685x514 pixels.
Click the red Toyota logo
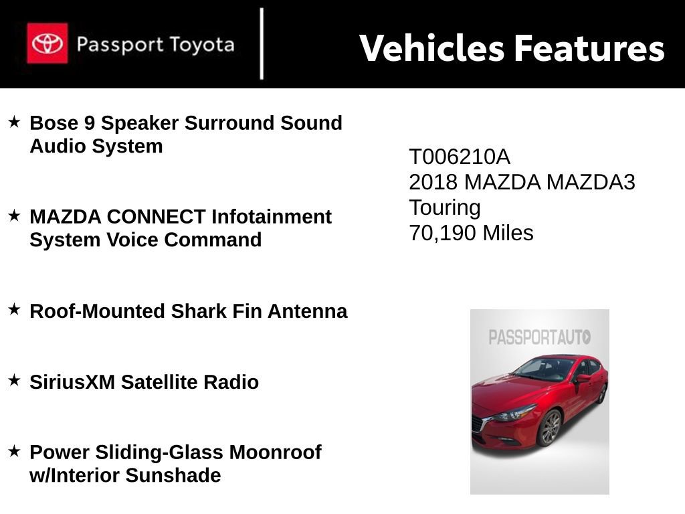pyautogui.click(x=47, y=44)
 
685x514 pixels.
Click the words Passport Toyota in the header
pyautogui.click(x=155, y=45)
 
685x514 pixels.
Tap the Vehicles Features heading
pyautogui.click(x=512, y=48)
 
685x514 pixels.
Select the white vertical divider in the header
pyautogui.click(x=262, y=44)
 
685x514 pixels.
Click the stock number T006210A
pyautogui.click(x=459, y=157)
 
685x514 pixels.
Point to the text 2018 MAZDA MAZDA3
pyautogui.click(x=522, y=182)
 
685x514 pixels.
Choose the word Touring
pyautogui.click(x=445, y=207)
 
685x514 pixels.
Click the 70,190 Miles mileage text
pyautogui.click(x=471, y=233)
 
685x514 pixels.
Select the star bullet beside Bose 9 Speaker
pyautogui.click(x=14, y=122)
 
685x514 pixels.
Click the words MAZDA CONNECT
pyautogui.click(x=117, y=217)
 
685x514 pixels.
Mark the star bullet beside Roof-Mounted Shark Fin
pyautogui.click(x=14, y=310)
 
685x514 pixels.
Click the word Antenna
pyautogui.click(x=307, y=311)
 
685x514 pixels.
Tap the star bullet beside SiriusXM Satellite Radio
pyautogui.click(x=14, y=381)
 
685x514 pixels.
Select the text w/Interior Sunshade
pyautogui.click(x=125, y=476)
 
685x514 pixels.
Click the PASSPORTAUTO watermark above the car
pyautogui.click(x=539, y=337)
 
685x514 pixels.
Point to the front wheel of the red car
pyautogui.click(x=550, y=427)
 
